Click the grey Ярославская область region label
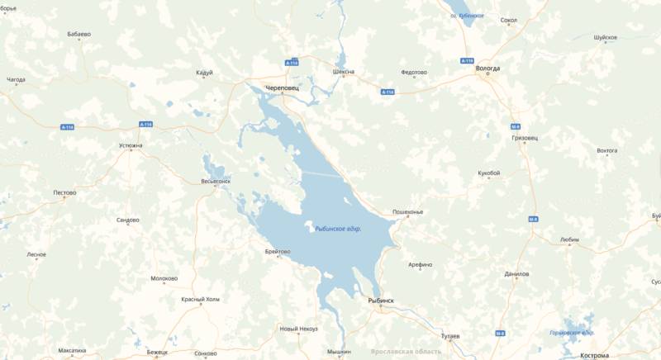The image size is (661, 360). pyautogui.click(x=407, y=351)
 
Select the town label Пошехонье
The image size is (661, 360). pyautogui.click(x=407, y=212)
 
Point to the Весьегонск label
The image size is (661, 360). pyautogui.click(x=216, y=181)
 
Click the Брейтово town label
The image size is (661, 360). pyautogui.click(x=278, y=251)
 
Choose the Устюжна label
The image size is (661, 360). pyautogui.click(x=131, y=145)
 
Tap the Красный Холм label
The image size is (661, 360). pyautogui.click(x=201, y=299)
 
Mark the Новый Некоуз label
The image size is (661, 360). pyautogui.click(x=299, y=329)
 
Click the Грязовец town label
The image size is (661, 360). pyautogui.click(x=522, y=138)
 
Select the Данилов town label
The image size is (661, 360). pyautogui.click(x=516, y=273)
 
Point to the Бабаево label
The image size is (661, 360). pyautogui.click(x=79, y=35)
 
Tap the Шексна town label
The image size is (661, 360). pyautogui.click(x=344, y=71)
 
